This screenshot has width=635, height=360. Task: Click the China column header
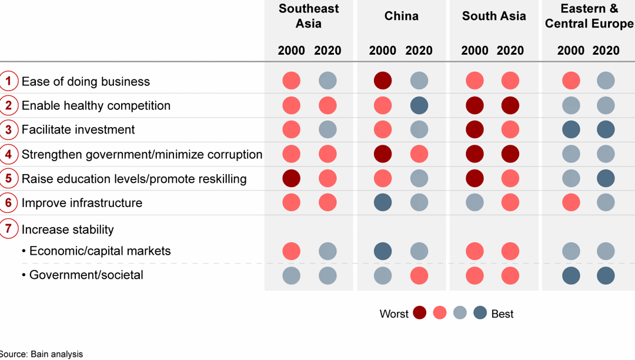pyautogui.click(x=401, y=16)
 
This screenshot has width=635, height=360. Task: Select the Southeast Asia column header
pyautogui.click(x=309, y=16)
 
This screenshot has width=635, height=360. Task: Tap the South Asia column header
pyautogui.click(x=493, y=16)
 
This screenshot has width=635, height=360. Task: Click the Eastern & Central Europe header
pyautogui.click(x=589, y=16)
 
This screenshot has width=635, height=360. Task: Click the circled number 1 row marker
pyautogui.click(x=8, y=81)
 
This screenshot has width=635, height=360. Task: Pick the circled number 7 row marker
pyautogui.click(x=8, y=229)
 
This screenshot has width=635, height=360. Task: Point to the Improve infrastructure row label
pyautogui.click(x=82, y=203)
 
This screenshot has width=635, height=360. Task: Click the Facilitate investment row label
pyautogui.click(x=78, y=130)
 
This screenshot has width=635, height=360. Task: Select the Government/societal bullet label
pyautogui.click(x=86, y=275)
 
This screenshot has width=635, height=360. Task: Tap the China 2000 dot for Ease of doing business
pyautogui.click(x=383, y=81)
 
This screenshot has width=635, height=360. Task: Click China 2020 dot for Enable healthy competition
pyautogui.click(x=419, y=106)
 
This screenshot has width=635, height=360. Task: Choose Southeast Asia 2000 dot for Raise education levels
pyautogui.click(x=291, y=178)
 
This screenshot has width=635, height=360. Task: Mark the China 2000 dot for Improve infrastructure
pyautogui.click(x=383, y=203)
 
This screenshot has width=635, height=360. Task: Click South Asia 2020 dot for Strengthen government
pyautogui.click(x=510, y=154)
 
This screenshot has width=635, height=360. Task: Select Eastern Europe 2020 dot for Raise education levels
pyautogui.click(x=606, y=178)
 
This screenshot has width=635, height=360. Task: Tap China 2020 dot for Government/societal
pyautogui.click(x=419, y=275)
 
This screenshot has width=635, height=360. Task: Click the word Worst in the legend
pyautogui.click(x=394, y=314)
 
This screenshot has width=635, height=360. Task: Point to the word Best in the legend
pyautogui.click(x=502, y=314)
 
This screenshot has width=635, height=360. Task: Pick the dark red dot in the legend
pyautogui.click(x=419, y=314)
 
